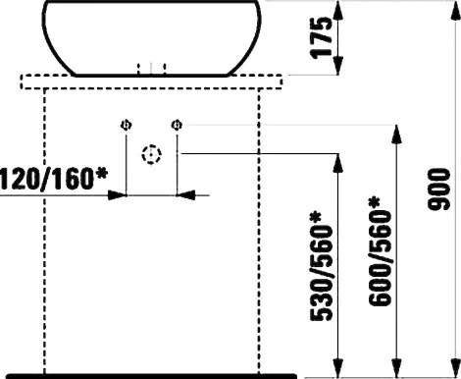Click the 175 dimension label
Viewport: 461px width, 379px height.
point(322,37)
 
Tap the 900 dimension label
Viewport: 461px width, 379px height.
point(438,189)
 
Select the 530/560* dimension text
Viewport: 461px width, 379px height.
point(321,266)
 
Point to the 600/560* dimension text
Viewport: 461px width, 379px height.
point(380,251)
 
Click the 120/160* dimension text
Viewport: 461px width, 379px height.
point(54,179)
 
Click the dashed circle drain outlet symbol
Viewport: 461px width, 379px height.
point(151,154)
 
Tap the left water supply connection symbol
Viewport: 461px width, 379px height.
point(127,125)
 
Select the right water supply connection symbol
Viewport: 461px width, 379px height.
point(177,125)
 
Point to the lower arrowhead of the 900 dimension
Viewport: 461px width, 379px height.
point(455,365)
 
